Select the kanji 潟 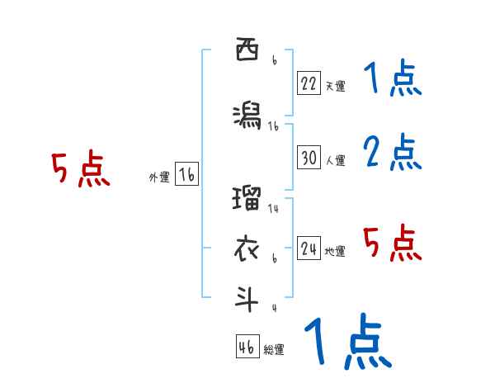247,116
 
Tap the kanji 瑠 247,199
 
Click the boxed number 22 309,83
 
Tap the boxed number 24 309,249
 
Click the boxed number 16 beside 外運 186,175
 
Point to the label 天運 336,85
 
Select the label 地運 336,252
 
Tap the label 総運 274,349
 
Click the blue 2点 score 394,154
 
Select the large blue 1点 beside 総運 346,343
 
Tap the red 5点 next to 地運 394,244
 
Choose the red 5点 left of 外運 80,170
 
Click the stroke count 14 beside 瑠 273,209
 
